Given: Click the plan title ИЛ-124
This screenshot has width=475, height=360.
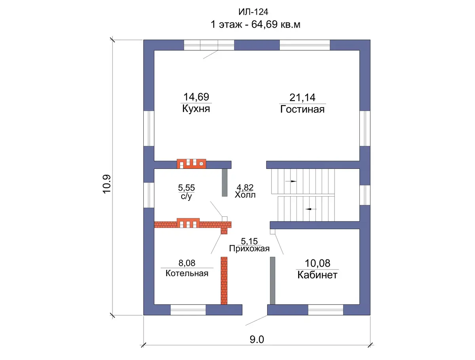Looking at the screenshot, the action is click(253, 12).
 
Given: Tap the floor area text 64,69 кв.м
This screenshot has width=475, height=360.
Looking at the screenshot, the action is click(275, 25).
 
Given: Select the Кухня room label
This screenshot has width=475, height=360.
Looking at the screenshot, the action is click(196, 108).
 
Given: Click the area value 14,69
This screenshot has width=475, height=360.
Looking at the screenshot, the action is click(196, 97).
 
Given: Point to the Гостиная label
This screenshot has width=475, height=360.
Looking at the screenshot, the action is click(302, 109).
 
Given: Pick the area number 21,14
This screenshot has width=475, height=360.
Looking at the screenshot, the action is click(302, 97).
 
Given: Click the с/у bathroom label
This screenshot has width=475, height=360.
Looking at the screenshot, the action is click(186, 196).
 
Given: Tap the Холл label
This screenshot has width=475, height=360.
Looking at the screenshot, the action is click(245, 195).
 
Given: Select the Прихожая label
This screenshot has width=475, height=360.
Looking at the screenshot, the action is click(249, 248).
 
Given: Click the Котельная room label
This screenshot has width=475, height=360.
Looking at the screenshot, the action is click(187, 273).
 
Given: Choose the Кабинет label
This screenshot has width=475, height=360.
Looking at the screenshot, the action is click(317, 275).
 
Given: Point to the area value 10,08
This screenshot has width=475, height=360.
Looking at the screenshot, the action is click(317, 263).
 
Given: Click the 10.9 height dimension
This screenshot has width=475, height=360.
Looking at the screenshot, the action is click(107, 184).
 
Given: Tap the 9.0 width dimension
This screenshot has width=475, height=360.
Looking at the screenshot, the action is click(257, 339).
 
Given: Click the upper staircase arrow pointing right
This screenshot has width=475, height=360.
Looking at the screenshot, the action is click(291, 181).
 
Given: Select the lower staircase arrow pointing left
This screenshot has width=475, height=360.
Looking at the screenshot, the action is click(311, 209).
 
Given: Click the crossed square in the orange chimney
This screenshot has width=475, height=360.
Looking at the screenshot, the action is click(201, 164).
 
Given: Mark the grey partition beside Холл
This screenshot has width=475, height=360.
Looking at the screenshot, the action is click(224, 182).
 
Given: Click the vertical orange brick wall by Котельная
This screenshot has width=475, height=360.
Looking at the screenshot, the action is click(224, 280).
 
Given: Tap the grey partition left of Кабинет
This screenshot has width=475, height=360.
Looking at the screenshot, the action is click(272, 280).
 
